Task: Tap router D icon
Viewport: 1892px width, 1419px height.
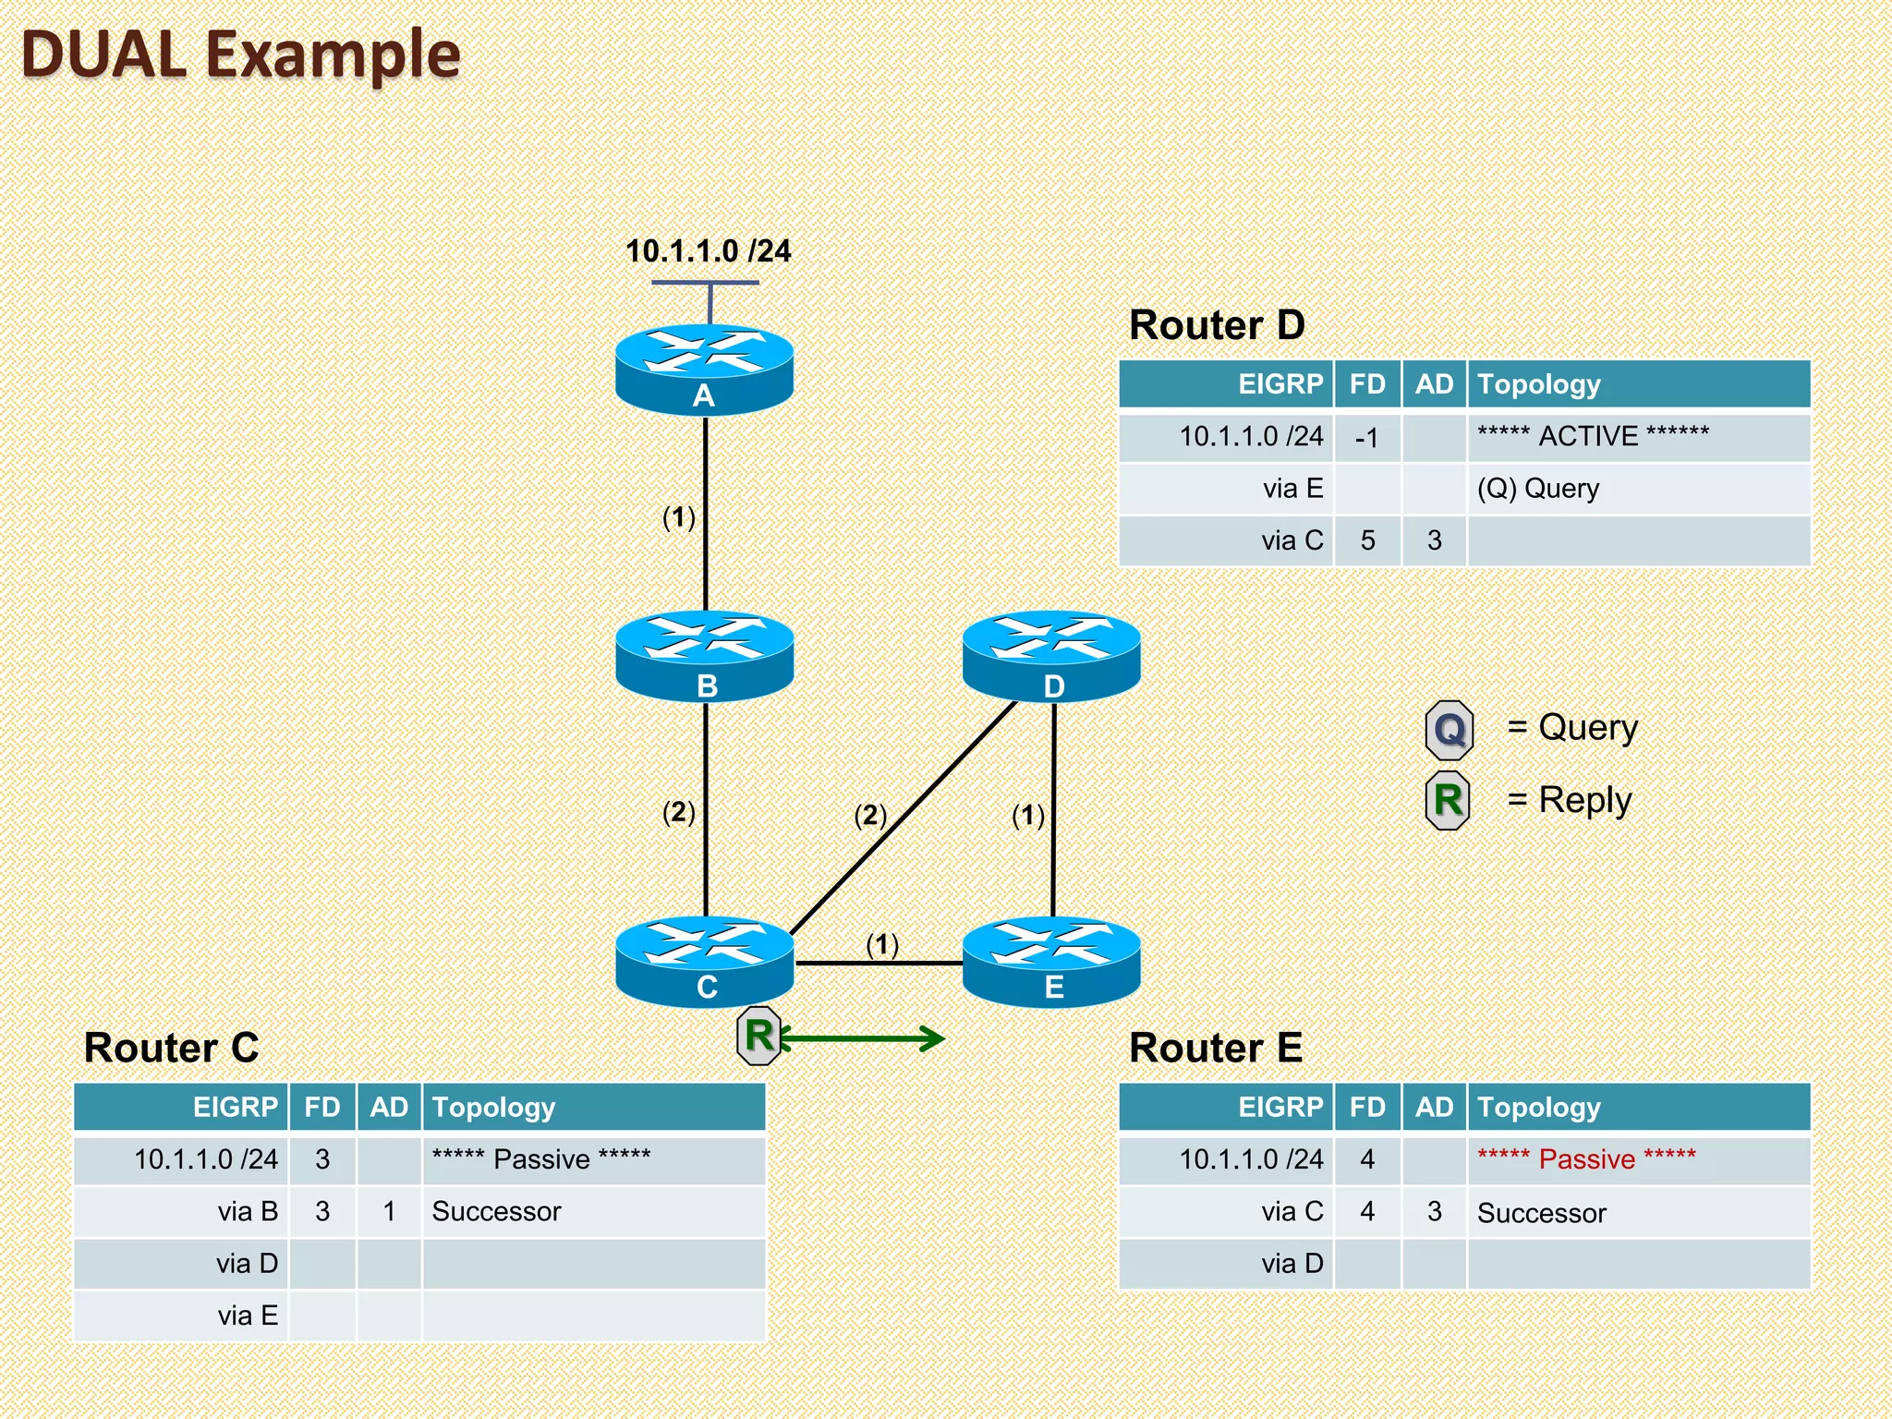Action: point(1051,655)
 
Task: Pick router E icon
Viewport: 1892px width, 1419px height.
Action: point(1051,961)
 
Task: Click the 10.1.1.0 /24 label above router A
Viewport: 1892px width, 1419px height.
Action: point(708,251)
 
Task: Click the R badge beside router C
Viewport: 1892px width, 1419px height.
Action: point(759,1036)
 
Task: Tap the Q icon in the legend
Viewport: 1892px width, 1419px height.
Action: point(1449,730)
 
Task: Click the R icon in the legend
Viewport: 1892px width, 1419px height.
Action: point(1448,800)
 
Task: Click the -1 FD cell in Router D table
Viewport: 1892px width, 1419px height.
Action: point(1366,437)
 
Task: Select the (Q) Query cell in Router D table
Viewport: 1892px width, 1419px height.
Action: point(1537,489)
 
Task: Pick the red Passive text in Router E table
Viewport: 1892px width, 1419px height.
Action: point(1586,1158)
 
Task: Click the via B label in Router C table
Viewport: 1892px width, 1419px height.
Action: point(248,1211)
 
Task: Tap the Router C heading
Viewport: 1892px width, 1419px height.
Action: point(171,1048)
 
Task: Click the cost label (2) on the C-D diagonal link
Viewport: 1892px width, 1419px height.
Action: point(869,815)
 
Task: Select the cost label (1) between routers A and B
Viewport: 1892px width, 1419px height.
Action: point(678,517)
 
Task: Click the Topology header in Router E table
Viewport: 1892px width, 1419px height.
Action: point(1538,1107)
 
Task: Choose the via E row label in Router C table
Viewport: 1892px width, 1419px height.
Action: point(248,1316)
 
